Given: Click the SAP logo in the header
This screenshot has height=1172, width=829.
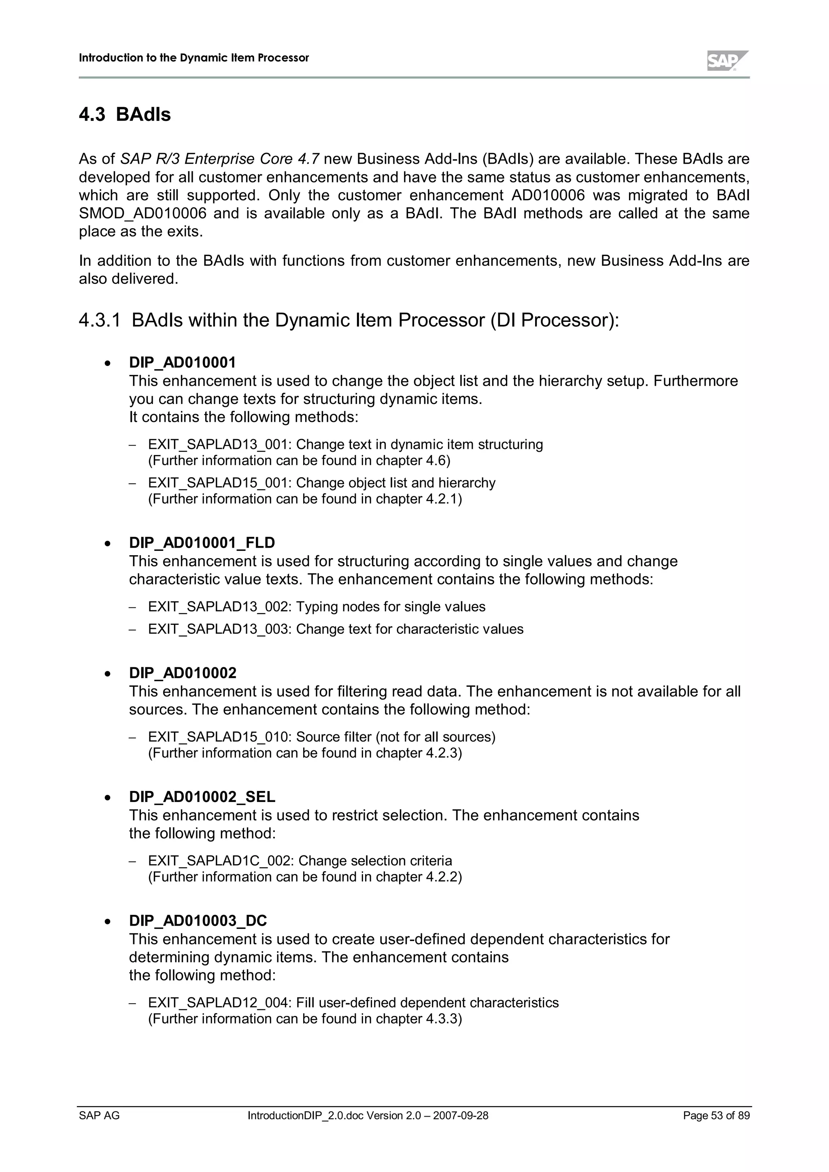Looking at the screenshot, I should [727, 61].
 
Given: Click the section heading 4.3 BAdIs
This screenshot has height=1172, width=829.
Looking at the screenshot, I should [125, 114].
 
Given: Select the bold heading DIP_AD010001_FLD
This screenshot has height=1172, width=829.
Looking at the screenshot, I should [202, 543].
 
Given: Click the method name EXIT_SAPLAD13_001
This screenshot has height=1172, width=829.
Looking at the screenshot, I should [219, 444].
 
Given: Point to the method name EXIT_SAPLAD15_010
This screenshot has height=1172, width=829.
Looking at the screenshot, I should [219, 737].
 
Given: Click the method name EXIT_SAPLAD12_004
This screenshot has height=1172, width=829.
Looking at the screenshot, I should [219, 1003].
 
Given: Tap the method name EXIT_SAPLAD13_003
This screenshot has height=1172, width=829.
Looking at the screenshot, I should [219, 629].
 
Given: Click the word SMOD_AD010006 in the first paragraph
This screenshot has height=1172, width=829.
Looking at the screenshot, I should [142, 214].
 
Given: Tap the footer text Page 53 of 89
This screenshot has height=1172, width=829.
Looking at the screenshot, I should [716, 1116].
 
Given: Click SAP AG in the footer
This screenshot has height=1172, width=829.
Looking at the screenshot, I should [99, 1116].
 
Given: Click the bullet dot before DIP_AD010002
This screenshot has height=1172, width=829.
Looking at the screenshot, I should [107, 674].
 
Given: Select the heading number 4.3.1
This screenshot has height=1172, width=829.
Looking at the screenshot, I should [100, 321].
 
